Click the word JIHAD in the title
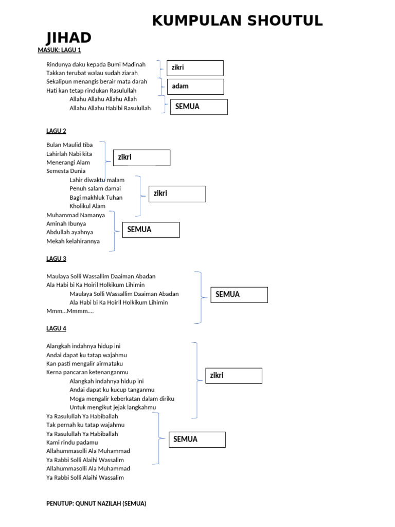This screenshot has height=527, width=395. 68,38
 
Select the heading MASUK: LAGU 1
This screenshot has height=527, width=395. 59,50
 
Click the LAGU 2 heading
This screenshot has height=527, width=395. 56,131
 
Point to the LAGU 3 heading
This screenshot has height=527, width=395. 56,258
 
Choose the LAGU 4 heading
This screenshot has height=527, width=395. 56,328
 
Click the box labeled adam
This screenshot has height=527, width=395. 195,86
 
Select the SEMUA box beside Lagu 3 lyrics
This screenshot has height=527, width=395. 239,295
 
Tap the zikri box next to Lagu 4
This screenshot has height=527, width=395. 234,376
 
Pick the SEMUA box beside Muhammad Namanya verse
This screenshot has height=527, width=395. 151,230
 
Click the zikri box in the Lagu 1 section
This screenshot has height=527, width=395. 195,68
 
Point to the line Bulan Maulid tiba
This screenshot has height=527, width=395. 69,145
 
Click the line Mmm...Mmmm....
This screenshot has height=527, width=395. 70,311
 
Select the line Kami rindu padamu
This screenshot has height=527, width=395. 72,442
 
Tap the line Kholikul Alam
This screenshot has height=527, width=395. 87,206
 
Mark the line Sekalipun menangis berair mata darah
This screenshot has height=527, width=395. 97,81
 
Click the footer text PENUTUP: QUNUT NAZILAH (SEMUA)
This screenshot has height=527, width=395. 96,503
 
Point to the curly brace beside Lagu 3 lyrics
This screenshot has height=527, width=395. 199,297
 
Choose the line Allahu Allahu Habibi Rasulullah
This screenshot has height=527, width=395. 110,108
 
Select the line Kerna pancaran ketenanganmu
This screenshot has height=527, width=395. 87,372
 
